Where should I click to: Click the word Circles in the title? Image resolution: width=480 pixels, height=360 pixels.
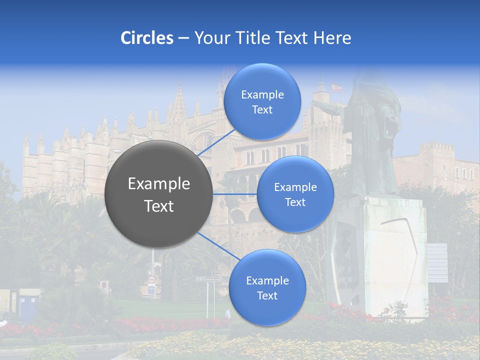point(147,38)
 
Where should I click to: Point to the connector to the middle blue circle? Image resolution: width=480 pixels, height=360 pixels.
point(235,193)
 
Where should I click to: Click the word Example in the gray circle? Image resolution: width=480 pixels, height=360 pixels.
point(159,184)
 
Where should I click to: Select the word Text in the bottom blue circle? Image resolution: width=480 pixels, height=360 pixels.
point(267,295)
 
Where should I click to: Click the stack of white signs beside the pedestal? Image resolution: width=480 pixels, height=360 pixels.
point(437,262)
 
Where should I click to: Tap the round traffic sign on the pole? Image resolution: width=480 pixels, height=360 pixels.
point(104,285)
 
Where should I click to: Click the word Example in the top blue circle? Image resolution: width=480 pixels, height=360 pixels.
point(262,94)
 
